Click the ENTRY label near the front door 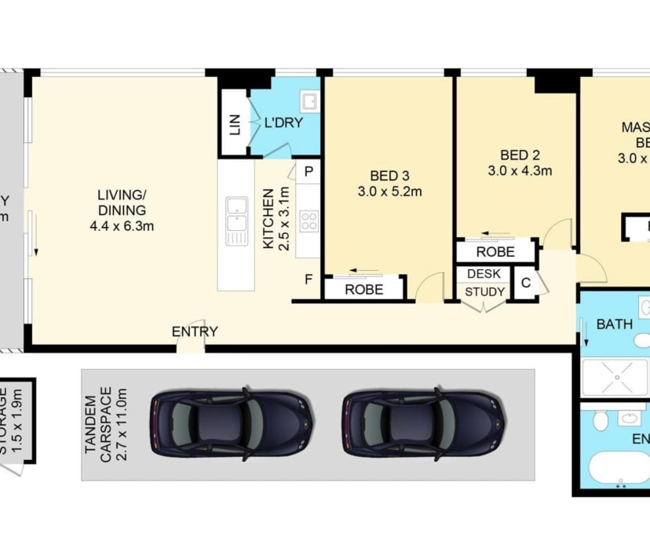pos(195,331)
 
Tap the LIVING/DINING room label pos(122,203)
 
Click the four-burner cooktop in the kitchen pos(309,221)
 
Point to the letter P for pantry pos(309,171)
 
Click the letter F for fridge pos(309,278)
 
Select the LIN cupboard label pos(235,125)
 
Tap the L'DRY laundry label pos(283,122)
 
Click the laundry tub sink pos(309,102)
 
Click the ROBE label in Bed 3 pos(364,290)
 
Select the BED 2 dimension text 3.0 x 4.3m pos(519,170)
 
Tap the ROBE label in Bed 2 pos(495,252)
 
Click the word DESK pos(484,274)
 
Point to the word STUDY pos(484,292)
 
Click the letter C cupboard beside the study pos(525,283)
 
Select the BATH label pos(615,323)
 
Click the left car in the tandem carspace pos(232,424)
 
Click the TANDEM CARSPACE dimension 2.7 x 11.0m pos(119,424)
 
